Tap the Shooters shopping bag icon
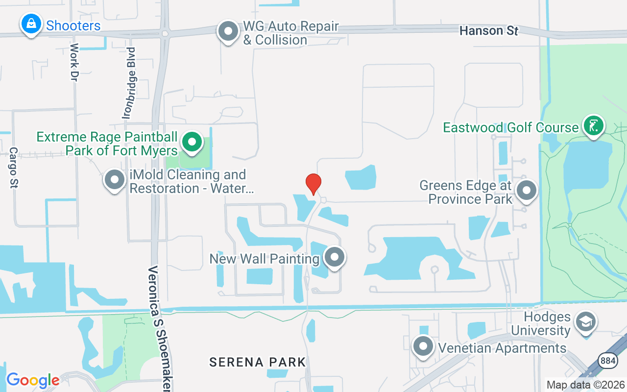[31, 23]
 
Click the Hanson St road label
[488, 31]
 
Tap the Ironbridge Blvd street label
[130, 83]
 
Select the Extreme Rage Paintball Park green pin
[193, 142]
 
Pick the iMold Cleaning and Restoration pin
[115, 180]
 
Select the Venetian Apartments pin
[423, 346]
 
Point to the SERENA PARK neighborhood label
[258, 362]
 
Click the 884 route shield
[607, 360]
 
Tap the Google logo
[33, 380]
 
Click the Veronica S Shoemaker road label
[160, 328]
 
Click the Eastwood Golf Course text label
[511, 127]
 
